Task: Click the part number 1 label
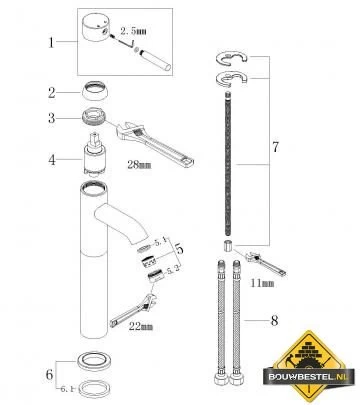(51, 42)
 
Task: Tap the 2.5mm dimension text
(133, 31)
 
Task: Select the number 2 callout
(51, 93)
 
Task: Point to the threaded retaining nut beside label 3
(95, 118)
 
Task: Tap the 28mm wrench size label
(139, 164)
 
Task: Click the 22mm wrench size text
(141, 326)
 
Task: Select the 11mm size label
(262, 283)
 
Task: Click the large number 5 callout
(179, 248)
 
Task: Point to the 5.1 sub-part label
(160, 242)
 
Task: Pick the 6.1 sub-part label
(67, 389)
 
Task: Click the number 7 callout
(275, 147)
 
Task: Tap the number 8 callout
(274, 321)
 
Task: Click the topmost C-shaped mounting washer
(231, 59)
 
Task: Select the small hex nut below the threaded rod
(227, 246)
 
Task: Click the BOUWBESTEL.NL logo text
(308, 377)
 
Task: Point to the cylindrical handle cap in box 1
(96, 27)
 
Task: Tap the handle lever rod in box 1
(155, 60)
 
